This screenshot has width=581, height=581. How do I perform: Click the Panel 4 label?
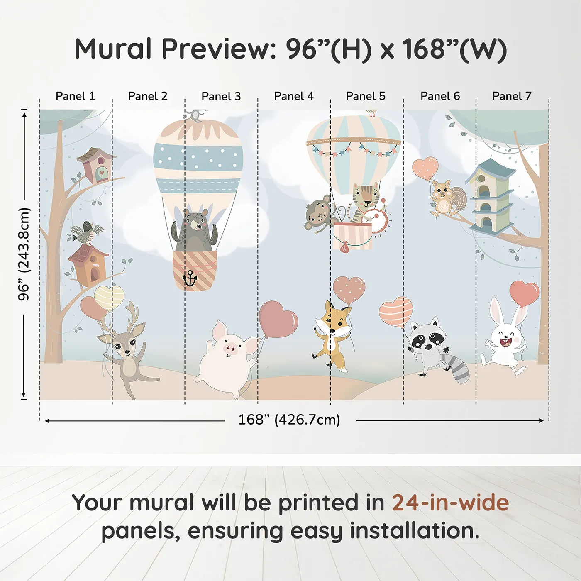[293, 96]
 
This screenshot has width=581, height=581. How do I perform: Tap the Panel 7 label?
[511, 96]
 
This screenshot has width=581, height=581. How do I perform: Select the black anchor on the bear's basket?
[190, 278]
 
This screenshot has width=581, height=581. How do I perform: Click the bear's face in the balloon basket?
[196, 225]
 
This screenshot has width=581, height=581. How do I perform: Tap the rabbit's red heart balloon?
[524, 293]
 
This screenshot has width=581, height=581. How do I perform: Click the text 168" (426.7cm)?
[289, 420]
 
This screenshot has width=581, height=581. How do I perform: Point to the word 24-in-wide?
[450, 503]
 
